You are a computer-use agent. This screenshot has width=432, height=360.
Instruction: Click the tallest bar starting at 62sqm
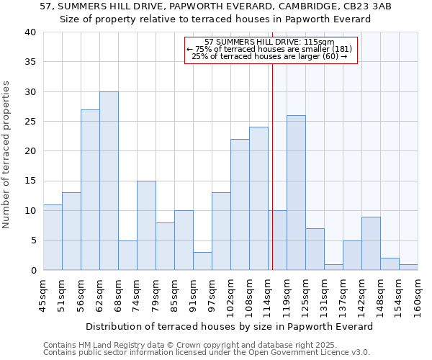[x=109, y=181]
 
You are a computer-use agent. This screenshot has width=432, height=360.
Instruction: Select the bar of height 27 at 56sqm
[x=90, y=190]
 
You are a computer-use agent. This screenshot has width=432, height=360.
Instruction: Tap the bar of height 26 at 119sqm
[x=296, y=193]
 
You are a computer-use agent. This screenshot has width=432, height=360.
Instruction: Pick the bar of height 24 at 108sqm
[x=258, y=199]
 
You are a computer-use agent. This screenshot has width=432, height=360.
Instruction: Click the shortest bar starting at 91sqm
[x=202, y=261]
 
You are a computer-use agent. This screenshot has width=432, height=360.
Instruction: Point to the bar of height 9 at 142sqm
[x=371, y=243]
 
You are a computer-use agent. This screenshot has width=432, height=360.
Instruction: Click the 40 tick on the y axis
[x=30, y=32]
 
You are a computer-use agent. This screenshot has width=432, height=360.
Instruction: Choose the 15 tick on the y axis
[x=30, y=181]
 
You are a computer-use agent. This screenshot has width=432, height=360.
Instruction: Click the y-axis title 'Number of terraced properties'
[x=6, y=155]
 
